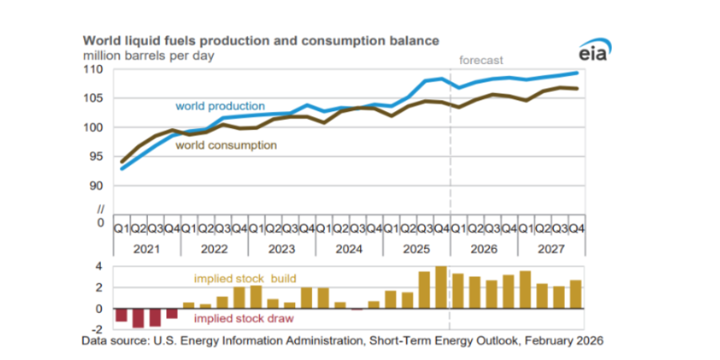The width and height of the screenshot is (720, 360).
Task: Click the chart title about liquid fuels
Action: click(x=261, y=40)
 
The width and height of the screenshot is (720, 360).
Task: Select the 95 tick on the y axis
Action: click(x=98, y=156)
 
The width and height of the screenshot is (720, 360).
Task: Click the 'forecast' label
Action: click(x=480, y=59)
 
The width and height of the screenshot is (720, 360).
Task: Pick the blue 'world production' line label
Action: click(x=220, y=106)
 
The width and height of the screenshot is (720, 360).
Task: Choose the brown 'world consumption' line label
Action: click(x=226, y=146)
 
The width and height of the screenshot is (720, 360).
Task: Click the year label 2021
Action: click(x=147, y=249)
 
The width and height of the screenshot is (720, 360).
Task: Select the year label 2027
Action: click(x=550, y=249)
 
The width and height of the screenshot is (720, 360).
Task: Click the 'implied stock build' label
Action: click(x=245, y=279)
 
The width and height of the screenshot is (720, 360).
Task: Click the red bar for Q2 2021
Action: click(x=138, y=318)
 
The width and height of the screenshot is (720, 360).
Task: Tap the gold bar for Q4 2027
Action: click(x=574, y=294)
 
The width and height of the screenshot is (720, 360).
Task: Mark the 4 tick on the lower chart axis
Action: click(x=100, y=266)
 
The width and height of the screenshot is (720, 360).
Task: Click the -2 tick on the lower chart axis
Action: click(x=98, y=329)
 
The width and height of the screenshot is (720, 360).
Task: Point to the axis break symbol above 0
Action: click(x=100, y=209)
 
